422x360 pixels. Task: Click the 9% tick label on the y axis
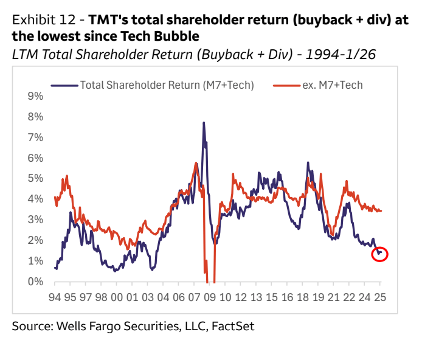coord(35,96)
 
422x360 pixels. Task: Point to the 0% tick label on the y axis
coord(35,282)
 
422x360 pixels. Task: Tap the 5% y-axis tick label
coord(35,178)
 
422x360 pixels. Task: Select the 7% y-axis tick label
coord(35,137)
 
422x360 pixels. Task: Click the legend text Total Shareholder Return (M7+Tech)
coord(167,85)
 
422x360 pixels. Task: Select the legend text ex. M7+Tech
coord(333,85)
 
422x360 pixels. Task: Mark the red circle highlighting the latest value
coord(379,254)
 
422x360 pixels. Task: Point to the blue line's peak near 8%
coord(204,123)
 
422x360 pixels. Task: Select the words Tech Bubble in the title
coord(167,36)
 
